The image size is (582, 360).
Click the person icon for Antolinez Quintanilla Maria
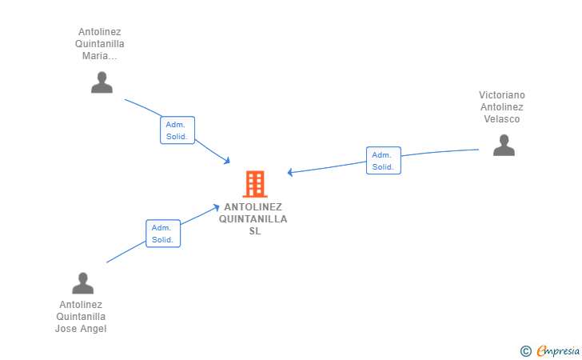(x=102, y=82)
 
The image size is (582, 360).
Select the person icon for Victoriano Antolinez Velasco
(x=504, y=145)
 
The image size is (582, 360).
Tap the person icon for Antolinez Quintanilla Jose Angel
(x=83, y=283)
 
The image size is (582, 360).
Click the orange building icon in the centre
(x=255, y=184)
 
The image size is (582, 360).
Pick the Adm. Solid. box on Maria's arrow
(x=177, y=130)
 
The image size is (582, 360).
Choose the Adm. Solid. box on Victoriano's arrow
(x=383, y=161)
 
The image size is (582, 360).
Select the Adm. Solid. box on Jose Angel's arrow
(x=163, y=234)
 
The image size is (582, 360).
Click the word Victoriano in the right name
(x=502, y=95)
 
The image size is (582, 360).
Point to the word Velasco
(x=502, y=119)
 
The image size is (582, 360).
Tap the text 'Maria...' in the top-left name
(x=100, y=56)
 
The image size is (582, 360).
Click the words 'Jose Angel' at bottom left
(x=81, y=328)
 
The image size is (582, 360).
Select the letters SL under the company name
(x=255, y=231)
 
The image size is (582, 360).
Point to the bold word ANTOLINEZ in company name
(x=253, y=206)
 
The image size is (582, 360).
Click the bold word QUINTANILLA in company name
(x=253, y=219)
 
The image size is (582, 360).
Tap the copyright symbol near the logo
(x=525, y=350)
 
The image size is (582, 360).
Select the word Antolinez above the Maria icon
(x=100, y=32)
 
